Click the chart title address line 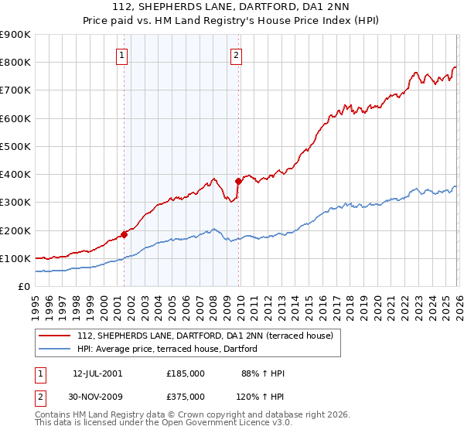232,7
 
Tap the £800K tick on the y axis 15,63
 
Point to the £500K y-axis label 15,146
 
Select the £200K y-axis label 15,230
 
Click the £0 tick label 23,286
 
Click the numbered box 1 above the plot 122,55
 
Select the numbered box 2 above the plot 236,55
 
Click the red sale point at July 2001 124,234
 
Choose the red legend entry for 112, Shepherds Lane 205,336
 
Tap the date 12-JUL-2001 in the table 97,373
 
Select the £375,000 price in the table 186,397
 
